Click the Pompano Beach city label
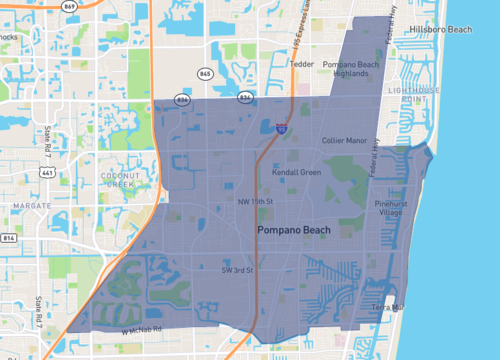click(295, 231)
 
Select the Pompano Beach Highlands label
click(353, 69)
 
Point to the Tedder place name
click(302, 64)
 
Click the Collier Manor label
click(345, 141)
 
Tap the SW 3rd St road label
click(240, 270)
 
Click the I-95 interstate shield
click(282, 128)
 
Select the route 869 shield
click(69, 5)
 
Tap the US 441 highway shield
click(46, 172)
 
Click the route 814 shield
click(7, 240)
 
